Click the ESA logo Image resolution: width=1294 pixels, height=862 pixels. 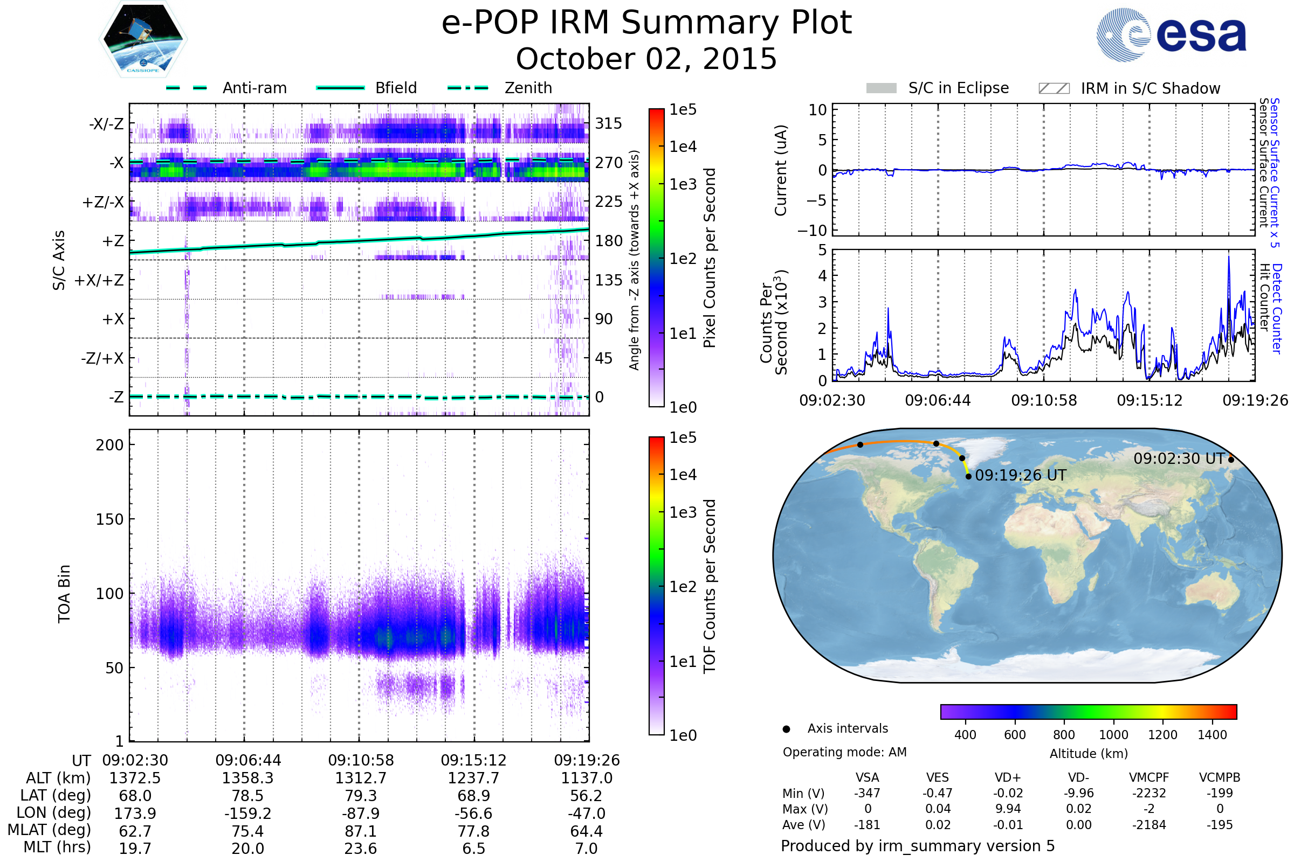click(x=1171, y=34)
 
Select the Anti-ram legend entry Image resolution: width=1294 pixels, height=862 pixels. click(x=226, y=88)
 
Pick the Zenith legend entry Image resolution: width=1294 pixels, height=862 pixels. click(x=500, y=88)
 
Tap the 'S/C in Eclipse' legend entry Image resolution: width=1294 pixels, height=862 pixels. click(x=938, y=88)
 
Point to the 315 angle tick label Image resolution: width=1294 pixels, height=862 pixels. click(x=609, y=123)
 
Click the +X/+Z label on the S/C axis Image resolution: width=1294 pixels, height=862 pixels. click(x=99, y=280)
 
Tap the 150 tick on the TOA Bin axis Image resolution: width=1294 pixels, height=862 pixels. click(x=109, y=519)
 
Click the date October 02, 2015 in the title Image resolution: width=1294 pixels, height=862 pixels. click(x=646, y=59)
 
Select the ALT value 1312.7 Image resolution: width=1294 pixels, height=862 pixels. click(x=361, y=778)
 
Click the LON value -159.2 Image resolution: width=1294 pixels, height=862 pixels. click(x=247, y=814)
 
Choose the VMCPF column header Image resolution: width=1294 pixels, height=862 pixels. click(x=1149, y=778)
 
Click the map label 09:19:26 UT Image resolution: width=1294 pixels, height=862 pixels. click(x=1021, y=476)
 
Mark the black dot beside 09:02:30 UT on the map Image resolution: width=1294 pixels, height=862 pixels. click(x=1231, y=460)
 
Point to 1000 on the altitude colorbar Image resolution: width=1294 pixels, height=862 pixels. click(x=1113, y=735)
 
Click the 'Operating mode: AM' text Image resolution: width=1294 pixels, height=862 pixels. click(x=844, y=752)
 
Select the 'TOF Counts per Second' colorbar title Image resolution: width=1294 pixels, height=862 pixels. click(x=710, y=586)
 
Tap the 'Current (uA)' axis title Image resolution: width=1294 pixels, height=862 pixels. click(x=781, y=170)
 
